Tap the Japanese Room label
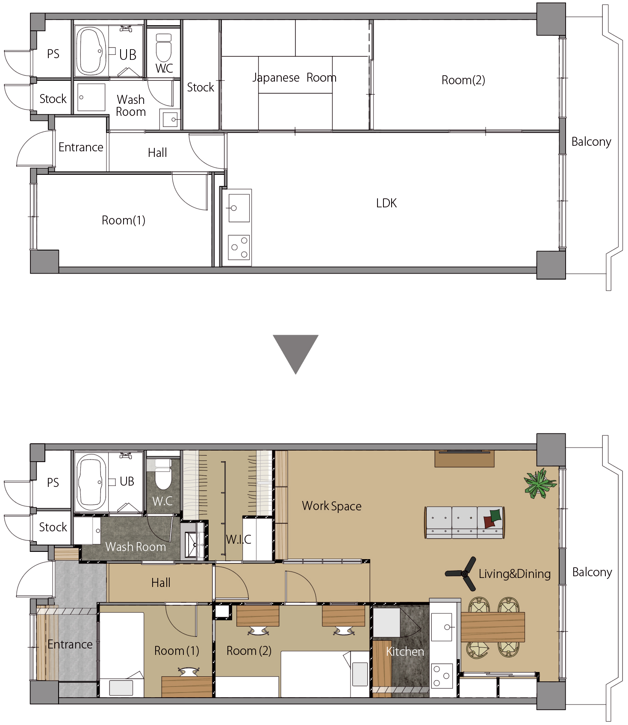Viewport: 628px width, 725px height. tap(295, 78)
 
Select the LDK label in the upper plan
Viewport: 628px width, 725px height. tap(386, 203)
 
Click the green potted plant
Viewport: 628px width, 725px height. tap(540, 483)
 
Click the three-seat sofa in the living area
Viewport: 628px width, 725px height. tap(465, 522)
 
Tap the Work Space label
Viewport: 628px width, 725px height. tap(332, 506)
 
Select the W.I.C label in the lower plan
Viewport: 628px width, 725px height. tap(239, 539)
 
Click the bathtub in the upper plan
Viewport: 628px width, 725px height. tap(91, 51)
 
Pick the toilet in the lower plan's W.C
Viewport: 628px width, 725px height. tap(163, 474)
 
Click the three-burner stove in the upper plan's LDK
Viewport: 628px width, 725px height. tap(239, 248)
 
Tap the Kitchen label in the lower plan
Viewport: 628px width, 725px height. tap(405, 651)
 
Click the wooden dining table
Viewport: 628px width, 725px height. tap(492, 627)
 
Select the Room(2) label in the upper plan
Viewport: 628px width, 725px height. tap(463, 80)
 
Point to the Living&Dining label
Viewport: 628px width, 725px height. tap(515, 574)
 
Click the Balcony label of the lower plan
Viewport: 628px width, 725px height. tap(592, 572)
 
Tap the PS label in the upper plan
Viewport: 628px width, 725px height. tap(53, 54)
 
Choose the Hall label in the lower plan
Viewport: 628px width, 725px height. tap(161, 583)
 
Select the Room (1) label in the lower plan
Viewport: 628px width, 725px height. tap(177, 651)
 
